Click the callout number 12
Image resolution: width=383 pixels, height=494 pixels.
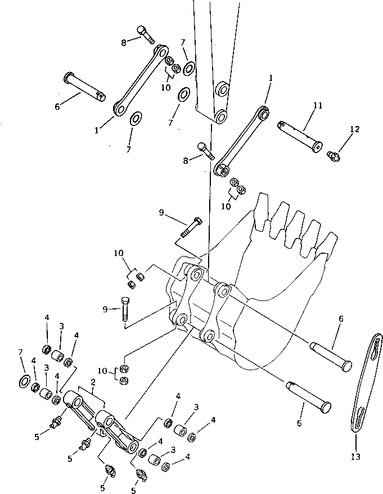(x=354, y=129)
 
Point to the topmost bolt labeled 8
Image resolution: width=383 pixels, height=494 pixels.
(x=145, y=35)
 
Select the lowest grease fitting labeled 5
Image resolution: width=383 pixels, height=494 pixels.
(x=141, y=475)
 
